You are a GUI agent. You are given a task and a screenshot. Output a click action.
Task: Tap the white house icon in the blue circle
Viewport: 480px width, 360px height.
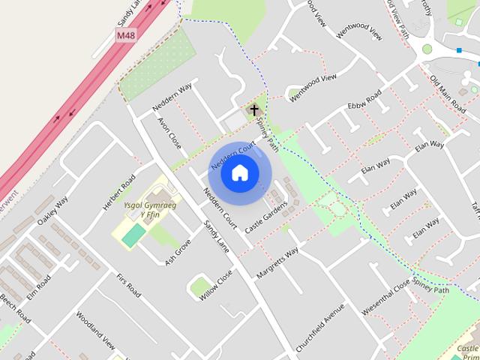click(239, 173)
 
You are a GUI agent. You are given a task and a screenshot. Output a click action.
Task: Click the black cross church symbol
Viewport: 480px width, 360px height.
click(254, 111)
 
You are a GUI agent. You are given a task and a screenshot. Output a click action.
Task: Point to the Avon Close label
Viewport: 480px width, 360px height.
click(169, 132)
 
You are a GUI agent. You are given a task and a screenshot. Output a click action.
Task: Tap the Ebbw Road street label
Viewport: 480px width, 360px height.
click(364, 100)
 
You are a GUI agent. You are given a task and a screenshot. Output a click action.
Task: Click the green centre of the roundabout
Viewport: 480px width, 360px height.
click(427, 49)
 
